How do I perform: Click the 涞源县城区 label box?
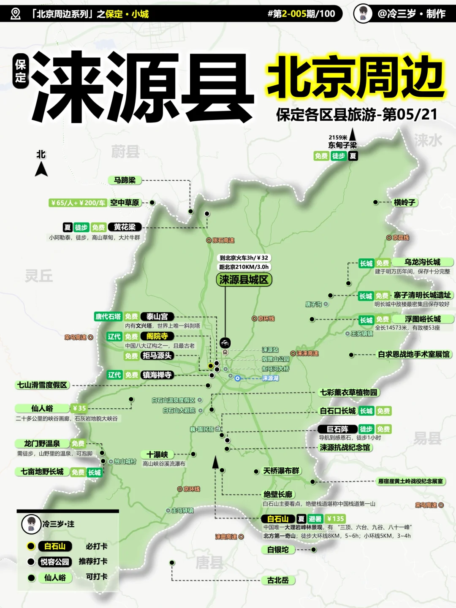(x=244, y=280)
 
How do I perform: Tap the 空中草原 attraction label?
(x=125, y=203)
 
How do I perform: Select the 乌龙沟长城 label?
(x=422, y=262)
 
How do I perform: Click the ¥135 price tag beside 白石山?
(x=336, y=518)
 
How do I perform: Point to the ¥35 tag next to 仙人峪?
(x=79, y=408)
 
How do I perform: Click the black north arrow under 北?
(x=41, y=169)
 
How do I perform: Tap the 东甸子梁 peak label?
(x=342, y=145)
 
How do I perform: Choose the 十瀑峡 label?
(x=157, y=454)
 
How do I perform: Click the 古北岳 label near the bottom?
(x=278, y=580)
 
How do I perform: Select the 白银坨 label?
(x=278, y=549)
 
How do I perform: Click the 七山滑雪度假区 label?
(x=42, y=385)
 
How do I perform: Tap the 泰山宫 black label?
(x=157, y=316)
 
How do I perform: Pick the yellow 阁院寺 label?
(x=157, y=336)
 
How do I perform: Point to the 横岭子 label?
(x=404, y=202)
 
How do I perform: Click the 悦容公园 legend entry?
(x=54, y=562)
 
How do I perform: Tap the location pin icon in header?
(x=16, y=14)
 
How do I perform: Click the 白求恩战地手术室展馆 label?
(x=413, y=354)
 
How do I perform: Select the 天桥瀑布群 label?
(x=281, y=471)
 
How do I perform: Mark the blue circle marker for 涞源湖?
(x=238, y=378)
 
